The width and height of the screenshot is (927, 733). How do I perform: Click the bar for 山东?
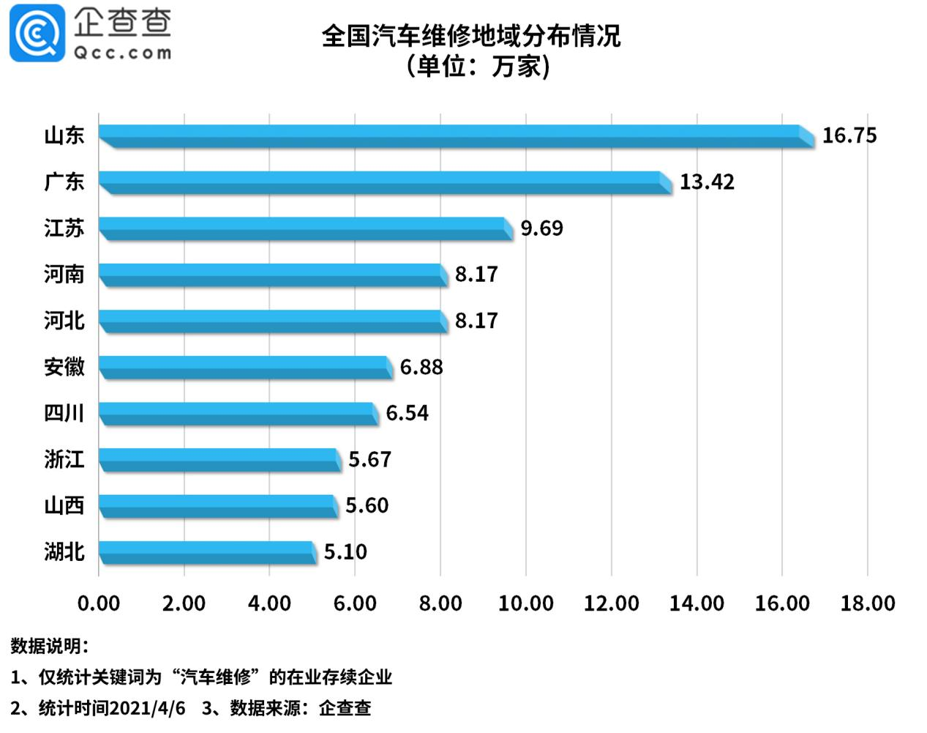tap(454, 136)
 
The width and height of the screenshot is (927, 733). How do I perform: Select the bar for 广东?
tap(384, 182)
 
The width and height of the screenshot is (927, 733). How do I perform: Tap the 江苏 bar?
tap(304, 228)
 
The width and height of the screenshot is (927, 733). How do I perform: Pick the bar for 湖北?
tap(207, 552)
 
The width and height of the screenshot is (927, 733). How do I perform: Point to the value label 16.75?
tap(849, 135)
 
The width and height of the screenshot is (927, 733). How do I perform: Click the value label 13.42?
tap(706, 182)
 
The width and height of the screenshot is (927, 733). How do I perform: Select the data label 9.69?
tap(541, 228)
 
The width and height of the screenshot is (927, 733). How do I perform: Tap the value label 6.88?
tap(421, 367)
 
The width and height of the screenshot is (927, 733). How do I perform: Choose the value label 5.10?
tap(345, 551)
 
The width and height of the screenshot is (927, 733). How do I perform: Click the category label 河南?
tap(64, 275)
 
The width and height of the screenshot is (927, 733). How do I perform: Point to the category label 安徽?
tap(64, 367)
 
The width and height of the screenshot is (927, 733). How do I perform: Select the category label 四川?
tap(64, 413)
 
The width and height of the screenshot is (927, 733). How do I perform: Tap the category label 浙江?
tap(64, 459)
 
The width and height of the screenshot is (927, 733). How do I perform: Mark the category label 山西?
tap(64, 505)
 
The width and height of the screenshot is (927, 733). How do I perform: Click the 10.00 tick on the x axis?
tap(525, 603)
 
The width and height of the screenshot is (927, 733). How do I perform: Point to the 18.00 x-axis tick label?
tap(868, 603)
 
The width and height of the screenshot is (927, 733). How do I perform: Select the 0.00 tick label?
tap(99, 603)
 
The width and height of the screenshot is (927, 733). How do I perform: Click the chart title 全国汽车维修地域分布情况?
tap(471, 36)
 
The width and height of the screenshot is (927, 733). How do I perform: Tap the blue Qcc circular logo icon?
tap(37, 33)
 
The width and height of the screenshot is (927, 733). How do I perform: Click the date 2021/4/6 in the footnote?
tap(149, 708)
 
